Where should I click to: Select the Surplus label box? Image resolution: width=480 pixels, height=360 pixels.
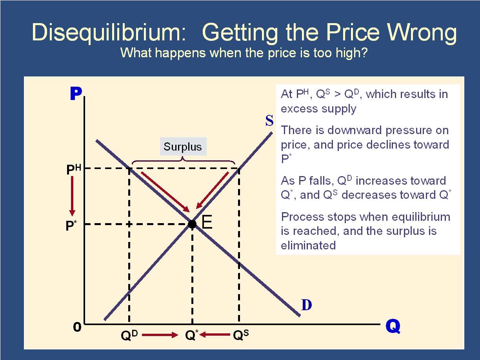pyautogui.click(x=183, y=146)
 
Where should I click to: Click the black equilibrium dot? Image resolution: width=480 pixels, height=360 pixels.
pyautogui.click(x=192, y=224)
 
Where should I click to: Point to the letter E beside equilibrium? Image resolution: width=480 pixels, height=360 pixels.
pyautogui.click(x=207, y=222)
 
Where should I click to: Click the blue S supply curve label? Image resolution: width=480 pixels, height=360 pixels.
pyautogui.click(x=269, y=120)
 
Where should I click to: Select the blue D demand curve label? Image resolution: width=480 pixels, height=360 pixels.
pyautogui.click(x=306, y=305)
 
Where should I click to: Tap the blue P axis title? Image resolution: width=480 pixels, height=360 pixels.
pyautogui.click(x=76, y=93)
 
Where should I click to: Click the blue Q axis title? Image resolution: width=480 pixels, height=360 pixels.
pyautogui.click(x=393, y=326)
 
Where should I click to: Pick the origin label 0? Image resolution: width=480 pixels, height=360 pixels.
pyautogui.click(x=77, y=327)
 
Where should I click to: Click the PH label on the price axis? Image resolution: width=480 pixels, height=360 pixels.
pyautogui.click(x=74, y=169)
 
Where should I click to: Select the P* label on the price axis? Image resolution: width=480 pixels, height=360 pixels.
pyautogui.click(x=71, y=225)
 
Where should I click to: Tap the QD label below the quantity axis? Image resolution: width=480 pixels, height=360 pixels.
pyautogui.click(x=129, y=335)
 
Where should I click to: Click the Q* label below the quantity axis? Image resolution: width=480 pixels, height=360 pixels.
pyautogui.click(x=192, y=335)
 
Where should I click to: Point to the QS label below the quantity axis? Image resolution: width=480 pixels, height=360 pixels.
pyautogui.click(x=241, y=335)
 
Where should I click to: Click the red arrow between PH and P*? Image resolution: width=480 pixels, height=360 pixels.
pyautogui.click(x=72, y=196)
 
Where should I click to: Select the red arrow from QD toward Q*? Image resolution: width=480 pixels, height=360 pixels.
pyautogui.click(x=160, y=335)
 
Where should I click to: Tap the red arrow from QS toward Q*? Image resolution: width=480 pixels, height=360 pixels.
pyautogui.click(x=215, y=335)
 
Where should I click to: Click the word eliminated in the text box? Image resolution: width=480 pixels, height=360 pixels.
pyautogui.click(x=308, y=245)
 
